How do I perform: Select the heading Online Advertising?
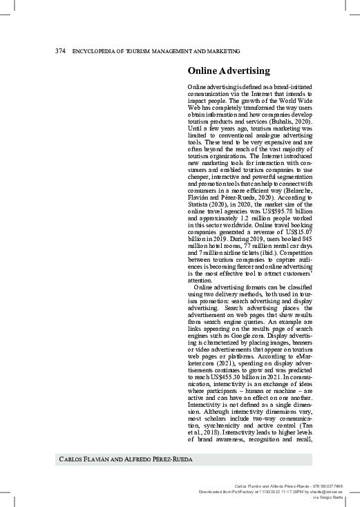[x=229, y=71]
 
